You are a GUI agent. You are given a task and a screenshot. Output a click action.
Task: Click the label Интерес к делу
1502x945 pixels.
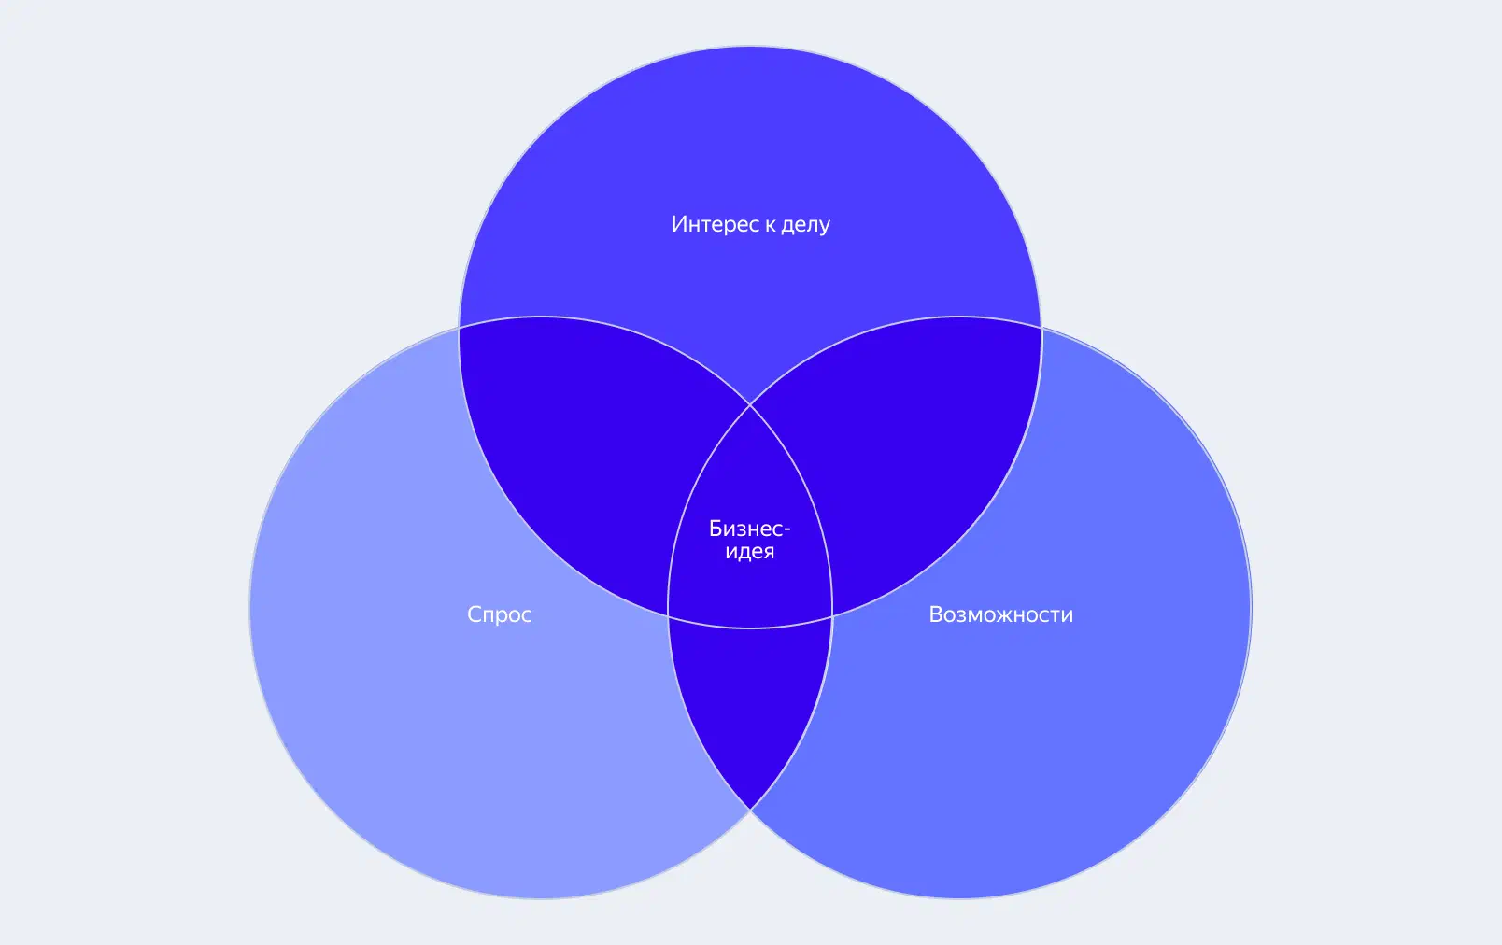tap(750, 224)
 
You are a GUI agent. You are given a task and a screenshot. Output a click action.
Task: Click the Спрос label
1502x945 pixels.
tap(500, 614)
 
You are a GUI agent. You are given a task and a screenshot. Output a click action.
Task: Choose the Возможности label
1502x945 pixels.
tap(1001, 614)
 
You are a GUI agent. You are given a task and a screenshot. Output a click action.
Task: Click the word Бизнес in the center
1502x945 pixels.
tap(745, 529)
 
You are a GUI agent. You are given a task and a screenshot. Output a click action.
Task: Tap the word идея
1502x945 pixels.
tap(750, 552)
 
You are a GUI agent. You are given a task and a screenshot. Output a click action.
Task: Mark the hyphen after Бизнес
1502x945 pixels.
tap(787, 530)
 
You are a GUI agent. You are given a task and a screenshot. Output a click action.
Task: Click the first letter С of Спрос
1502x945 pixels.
tap(475, 614)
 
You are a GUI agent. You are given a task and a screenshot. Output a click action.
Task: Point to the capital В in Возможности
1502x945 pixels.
tap(936, 614)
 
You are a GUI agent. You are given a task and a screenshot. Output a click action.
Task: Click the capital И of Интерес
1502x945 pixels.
tap(678, 224)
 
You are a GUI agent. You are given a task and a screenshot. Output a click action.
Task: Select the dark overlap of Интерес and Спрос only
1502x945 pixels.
tap(584, 456)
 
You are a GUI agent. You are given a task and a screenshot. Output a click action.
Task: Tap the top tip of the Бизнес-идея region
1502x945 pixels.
tap(750, 405)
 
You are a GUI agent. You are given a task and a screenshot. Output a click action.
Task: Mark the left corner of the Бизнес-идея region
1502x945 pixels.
tap(668, 616)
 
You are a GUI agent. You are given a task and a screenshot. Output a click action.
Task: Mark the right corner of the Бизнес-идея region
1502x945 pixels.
tap(833, 616)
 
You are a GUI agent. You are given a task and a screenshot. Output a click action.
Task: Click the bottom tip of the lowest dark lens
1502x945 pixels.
tap(750, 810)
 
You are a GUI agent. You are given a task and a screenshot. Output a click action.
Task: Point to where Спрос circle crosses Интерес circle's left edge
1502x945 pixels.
tap(460, 327)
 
